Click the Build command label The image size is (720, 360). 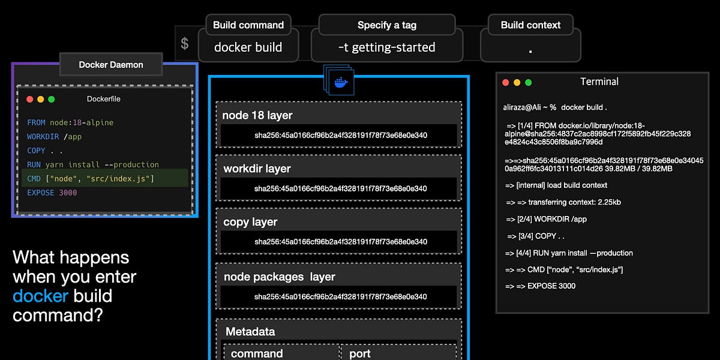[x=248, y=25]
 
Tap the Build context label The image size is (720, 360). [x=530, y=25]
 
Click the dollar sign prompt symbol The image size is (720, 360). [x=185, y=44]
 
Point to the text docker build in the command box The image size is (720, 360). [x=248, y=47]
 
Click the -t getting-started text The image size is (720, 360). [x=387, y=47]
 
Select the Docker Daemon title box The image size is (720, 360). [x=111, y=64]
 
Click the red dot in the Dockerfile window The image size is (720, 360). [x=30, y=99]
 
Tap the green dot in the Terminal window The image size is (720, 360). [x=529, y=82]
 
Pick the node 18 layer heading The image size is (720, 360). [x=257, y=115]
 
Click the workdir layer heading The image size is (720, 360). [x=257, y=169]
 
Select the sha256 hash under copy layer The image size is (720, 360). [x=340, y=242]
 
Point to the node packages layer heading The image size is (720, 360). [x=279, y=277]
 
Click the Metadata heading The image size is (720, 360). [x=250, y=331]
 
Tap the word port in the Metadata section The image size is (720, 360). [x=360, y=353]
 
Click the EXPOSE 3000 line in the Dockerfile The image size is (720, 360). [x=52, y=193]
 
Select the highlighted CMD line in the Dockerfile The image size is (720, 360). [x=90, y=178]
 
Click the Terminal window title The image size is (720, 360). [x=599, y=82]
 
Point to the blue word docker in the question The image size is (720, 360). [x=41, y=296]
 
